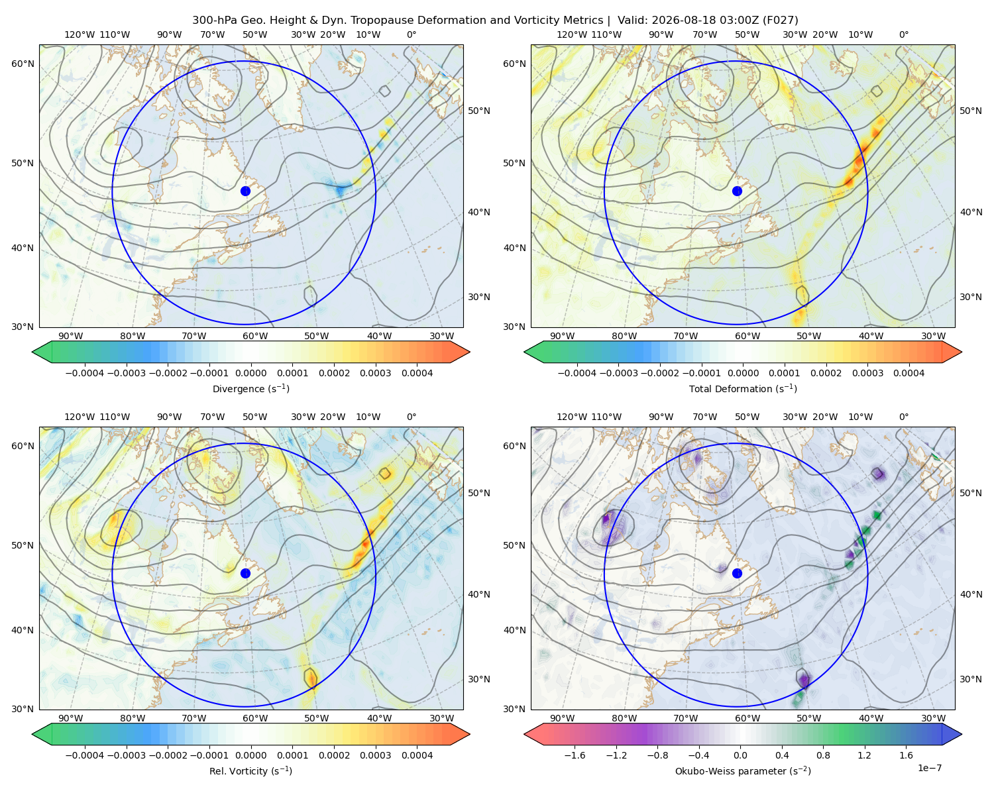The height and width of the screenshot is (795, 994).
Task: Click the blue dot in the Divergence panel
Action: [x=245, y=191]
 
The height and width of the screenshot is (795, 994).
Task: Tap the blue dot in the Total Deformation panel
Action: [x=737, y=191]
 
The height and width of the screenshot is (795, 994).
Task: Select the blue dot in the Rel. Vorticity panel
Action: [x=245, y=573]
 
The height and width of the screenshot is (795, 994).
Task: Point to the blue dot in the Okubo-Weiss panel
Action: [x=737, y=573]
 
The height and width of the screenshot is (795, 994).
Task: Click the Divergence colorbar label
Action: [x=250, y=389]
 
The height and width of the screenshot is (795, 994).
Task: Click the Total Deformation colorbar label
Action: [x=743, y=389]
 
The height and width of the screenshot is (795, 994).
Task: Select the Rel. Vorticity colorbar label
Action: [x=250, y=771]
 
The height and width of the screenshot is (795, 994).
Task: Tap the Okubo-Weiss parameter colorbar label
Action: [x=743, y=771]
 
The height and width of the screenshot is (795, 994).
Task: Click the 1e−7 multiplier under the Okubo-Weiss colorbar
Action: [x=929, y=768]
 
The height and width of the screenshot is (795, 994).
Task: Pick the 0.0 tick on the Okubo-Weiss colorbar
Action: [x=740, y=755]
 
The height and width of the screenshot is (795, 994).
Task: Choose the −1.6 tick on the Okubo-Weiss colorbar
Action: [x=575, y=755]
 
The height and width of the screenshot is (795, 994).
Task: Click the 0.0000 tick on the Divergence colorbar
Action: [x=250, y=373]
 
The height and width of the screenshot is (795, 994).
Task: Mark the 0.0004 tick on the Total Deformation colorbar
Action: [x=909, y=373]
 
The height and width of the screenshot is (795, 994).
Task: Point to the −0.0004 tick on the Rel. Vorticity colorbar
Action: [x=85, y=755]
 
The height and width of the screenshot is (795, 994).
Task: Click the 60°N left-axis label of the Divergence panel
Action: [x=23, y=64]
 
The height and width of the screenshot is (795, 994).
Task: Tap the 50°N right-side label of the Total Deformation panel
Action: [x=971, y=111]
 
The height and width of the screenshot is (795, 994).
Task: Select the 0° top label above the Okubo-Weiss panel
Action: [x=903, y=417]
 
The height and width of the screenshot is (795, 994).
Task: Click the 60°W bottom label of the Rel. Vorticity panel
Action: [x=255, y=718]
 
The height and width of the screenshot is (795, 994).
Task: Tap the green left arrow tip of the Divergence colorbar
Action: [x=33, y=352]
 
